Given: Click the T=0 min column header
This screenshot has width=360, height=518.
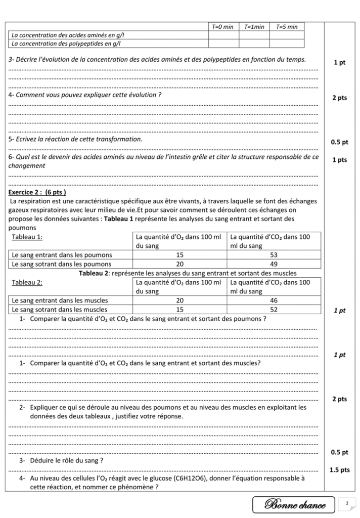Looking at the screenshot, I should click(222, 27).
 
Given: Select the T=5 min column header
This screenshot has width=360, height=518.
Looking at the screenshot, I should click(287, 27).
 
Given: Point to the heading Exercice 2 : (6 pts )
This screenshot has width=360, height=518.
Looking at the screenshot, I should click(37, 193).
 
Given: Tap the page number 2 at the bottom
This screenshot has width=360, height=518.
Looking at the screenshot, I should click(347, 503).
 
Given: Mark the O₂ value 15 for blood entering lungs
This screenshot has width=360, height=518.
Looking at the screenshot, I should click(179, 255).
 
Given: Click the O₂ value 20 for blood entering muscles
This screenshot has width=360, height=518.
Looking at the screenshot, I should click(179, 300).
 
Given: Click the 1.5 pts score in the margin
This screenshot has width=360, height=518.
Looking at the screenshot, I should click(339, 470).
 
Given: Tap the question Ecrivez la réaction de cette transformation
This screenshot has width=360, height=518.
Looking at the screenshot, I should click(76, 139).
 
